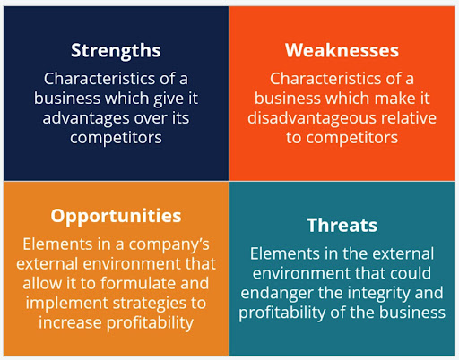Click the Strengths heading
click(116, 51)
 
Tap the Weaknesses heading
click(342, 50)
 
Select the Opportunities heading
click(116, 217)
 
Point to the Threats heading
click(342, 225)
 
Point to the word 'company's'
click(169, 244)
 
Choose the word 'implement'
click(67, 304)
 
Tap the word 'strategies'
click(151, 304)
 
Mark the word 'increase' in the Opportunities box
click(70, 323)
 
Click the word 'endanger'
click(277, 294)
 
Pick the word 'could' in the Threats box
click(413, 273)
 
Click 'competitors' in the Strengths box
click(116, 138)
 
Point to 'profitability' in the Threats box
click(282, 313)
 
